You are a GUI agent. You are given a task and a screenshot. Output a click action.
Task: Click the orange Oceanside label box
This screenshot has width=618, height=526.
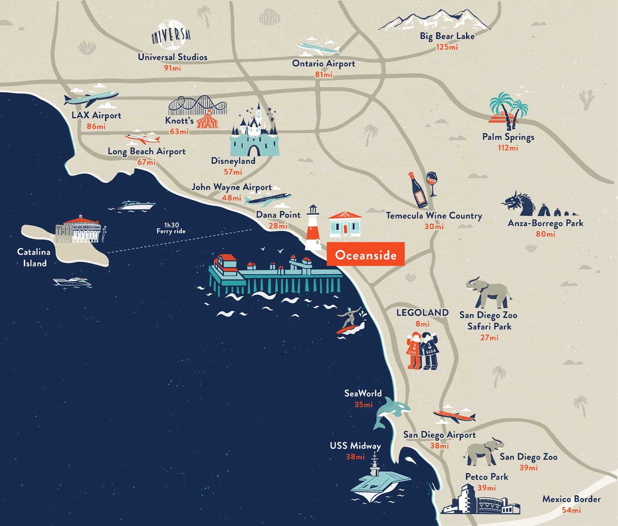tap(365, 254)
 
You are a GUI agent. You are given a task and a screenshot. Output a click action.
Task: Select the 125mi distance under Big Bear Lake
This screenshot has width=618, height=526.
tap(447, 47)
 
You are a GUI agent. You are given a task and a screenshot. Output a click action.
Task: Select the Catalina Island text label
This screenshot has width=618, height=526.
tap(34, 257)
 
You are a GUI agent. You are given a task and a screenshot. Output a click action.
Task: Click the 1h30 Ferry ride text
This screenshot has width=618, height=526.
tap(171, 228)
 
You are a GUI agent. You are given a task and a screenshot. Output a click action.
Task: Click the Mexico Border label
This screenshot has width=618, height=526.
tap(571, 499)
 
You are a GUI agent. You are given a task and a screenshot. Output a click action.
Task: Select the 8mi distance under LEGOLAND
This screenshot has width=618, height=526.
tap(422, 324)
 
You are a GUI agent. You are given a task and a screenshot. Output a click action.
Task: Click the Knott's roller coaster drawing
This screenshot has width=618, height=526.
tap(197, 106)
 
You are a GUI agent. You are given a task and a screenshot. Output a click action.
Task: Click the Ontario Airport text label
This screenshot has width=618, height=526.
tap(323, 63)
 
